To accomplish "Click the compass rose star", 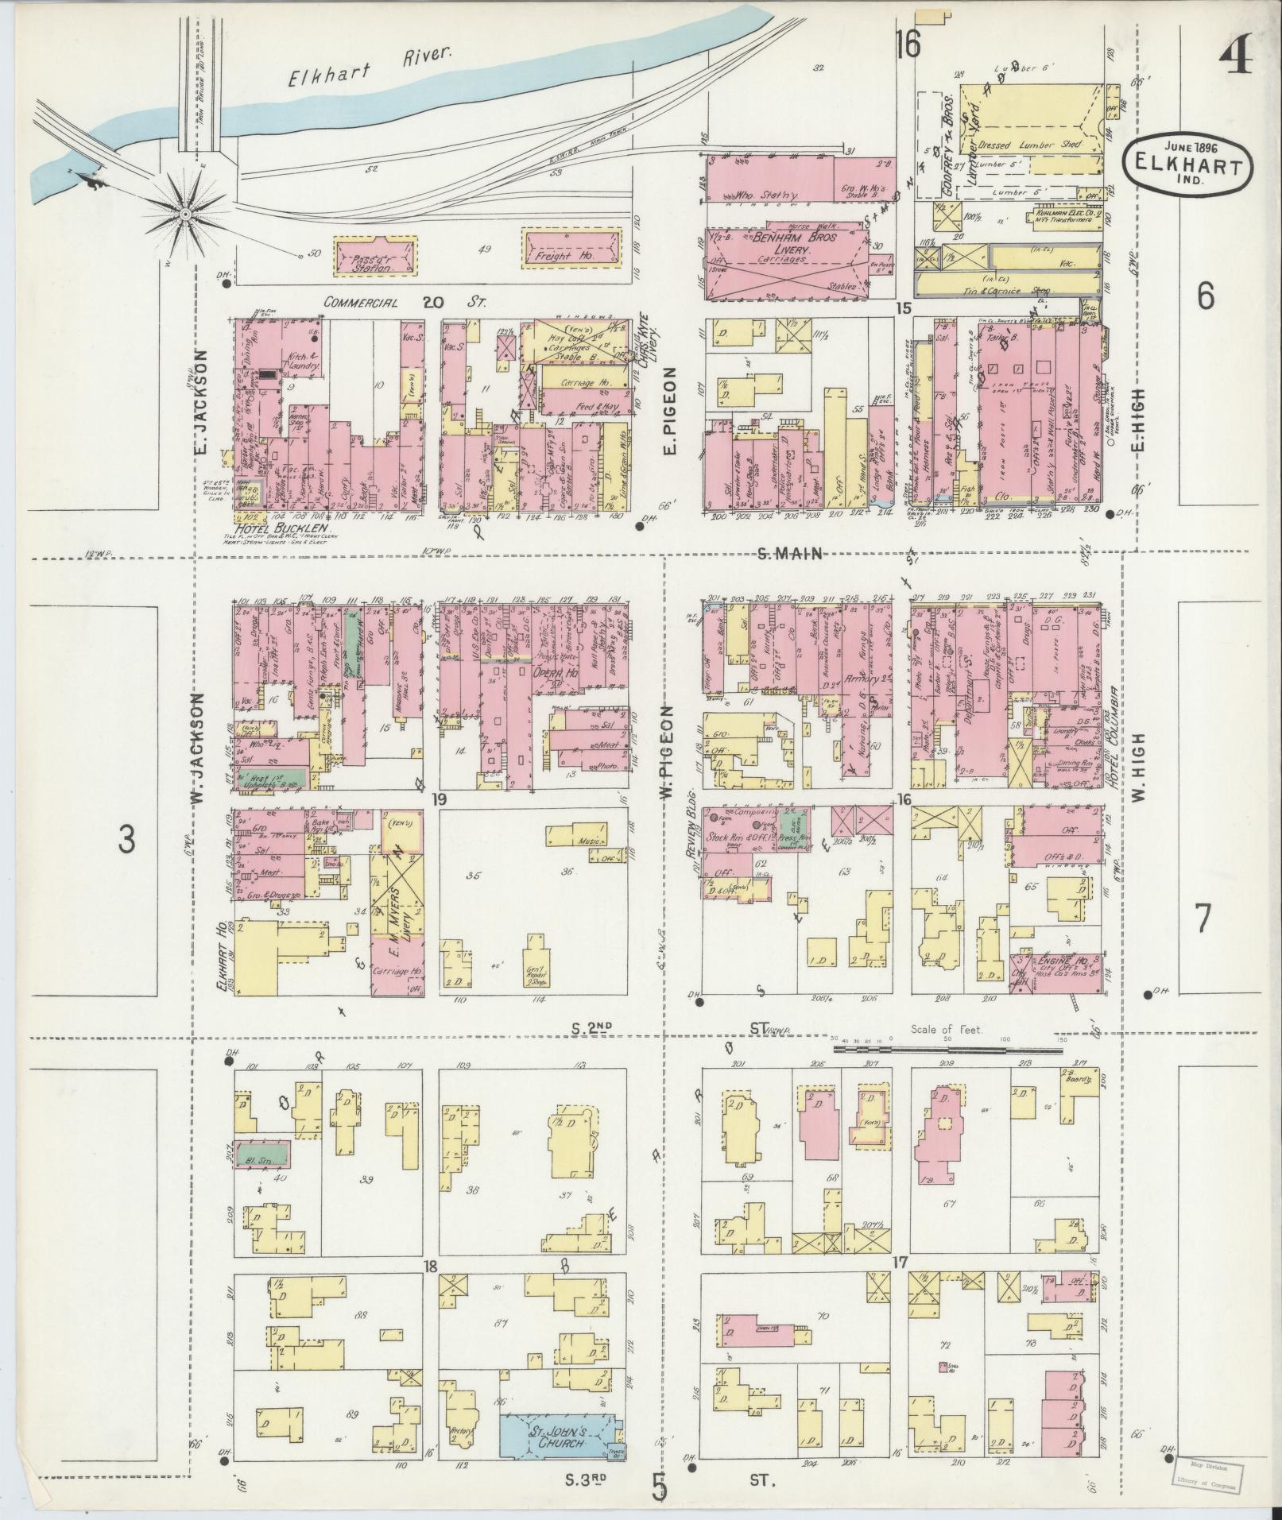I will pyautogui.click(x=185, y=213).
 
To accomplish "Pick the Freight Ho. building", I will pyautogui.click(x=571, y=251).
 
